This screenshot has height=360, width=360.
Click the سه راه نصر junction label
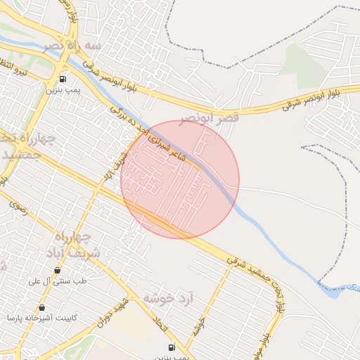point(72,45)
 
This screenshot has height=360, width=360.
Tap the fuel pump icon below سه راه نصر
point(63,79)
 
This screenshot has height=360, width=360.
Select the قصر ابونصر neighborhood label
point(209,117)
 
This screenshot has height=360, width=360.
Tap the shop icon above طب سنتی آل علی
point(57,270)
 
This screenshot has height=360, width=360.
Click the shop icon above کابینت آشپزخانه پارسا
point(42,307)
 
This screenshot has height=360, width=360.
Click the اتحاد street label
point(162,323)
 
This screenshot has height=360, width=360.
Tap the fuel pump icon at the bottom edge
point(171,348)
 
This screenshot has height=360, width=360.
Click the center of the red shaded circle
point(180,179)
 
